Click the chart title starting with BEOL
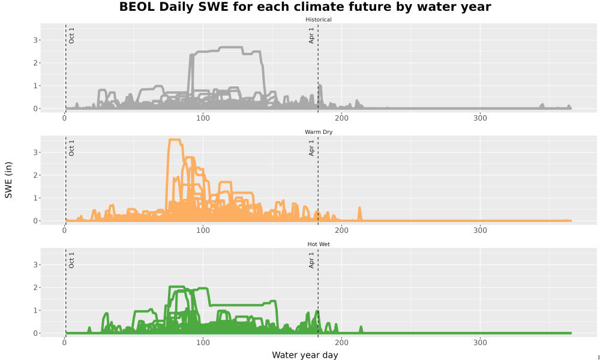tap(305, 7)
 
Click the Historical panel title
tap(319, 20)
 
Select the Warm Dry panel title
tap(319, 132)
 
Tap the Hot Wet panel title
tap(319, 244)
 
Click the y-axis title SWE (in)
tap(8, 180)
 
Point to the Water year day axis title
tap(305, 355)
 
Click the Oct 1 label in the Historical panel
tap(71, 35)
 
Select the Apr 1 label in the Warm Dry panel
tap(311, 148)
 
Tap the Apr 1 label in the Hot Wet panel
tap(311, 260)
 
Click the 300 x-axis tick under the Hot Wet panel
tap(480, 343)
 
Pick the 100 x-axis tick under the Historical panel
tap(203, 118)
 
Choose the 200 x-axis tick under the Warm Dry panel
tap(341, 230)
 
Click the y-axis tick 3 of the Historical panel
tap(35, 40)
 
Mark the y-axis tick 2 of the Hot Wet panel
tap(35, 287)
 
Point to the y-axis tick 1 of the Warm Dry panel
tap(35, 198)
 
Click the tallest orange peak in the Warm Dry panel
tap(175, 140)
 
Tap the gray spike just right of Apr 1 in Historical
tap(320, 86)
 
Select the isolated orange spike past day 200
tap(359, 208)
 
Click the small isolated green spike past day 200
tap(361, 328)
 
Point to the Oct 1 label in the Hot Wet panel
tap(71, 260)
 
